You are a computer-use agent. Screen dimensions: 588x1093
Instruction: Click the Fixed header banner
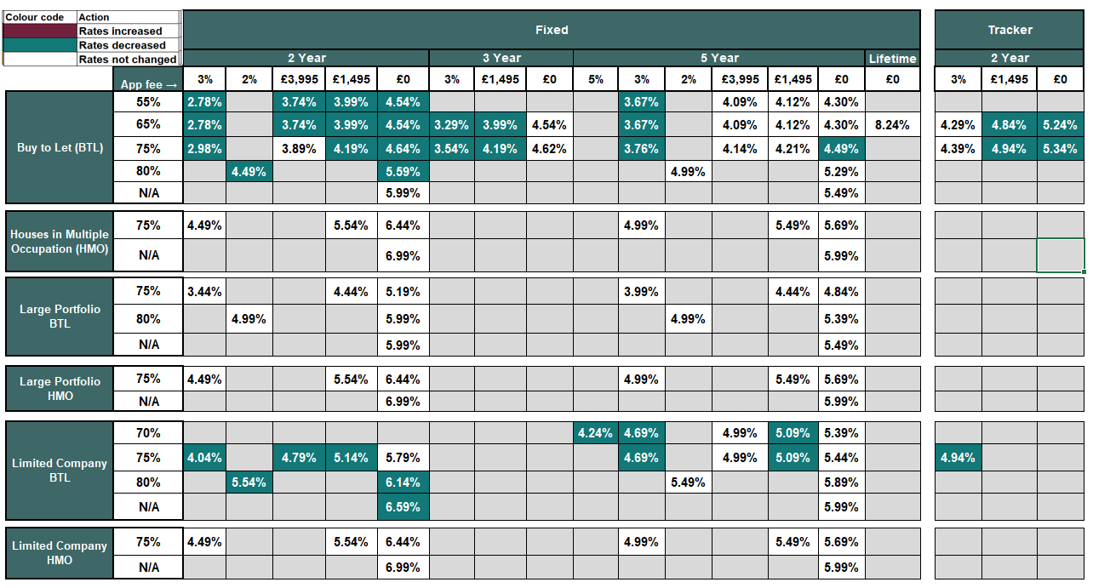[552, 30]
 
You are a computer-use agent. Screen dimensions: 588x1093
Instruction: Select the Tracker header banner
[1010, 30]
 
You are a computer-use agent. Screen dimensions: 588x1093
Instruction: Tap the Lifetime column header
[892, 59]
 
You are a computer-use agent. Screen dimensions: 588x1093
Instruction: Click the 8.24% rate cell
[892, 124]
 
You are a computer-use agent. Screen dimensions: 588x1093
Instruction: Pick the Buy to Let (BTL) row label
[60, 147]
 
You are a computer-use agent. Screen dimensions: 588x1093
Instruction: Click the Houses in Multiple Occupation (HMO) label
[60, 242]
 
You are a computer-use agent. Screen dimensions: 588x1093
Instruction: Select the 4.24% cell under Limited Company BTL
[595, 433]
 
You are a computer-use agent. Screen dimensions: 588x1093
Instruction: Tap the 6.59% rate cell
[403, 507]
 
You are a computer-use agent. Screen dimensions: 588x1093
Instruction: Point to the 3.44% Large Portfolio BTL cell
[204, 291]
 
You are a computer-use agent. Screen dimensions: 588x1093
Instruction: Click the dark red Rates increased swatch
[40, 31]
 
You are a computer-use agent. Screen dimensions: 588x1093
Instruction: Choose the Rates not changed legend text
[127, 60]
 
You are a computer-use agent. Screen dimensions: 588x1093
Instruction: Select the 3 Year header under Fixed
[501, 58]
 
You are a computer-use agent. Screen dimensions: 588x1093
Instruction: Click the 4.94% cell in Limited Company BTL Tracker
[958, 458]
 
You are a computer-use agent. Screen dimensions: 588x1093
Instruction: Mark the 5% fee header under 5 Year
[595, 79]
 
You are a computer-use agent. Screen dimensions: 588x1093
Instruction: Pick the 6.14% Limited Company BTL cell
[403, 482]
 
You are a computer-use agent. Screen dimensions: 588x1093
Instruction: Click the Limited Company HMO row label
[60, 553]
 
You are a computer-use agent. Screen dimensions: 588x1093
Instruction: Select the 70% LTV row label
[148, 433]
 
